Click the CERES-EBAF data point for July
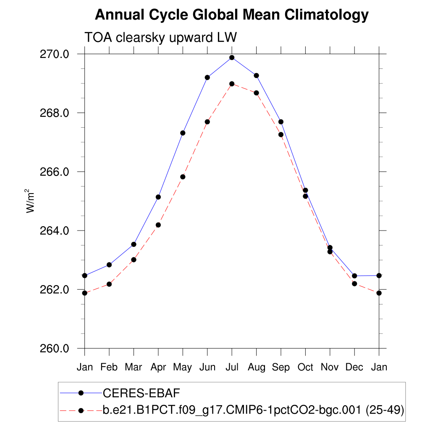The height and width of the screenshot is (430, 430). [x=232, y=58]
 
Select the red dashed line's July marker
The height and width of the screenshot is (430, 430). [x=232, y=84]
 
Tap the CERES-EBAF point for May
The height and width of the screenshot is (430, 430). [x=183, y=133]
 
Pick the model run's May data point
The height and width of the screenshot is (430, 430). [x=183, y=177]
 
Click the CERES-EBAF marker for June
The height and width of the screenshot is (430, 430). [x=207, y=77]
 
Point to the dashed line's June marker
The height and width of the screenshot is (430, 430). [x=207, y=122]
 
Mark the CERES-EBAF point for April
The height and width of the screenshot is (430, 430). [x=158, y=197]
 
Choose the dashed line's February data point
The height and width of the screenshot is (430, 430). [x=109, y=284]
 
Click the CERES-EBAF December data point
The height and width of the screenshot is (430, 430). [x=354, y=276]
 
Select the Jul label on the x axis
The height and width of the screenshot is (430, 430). [x=232, y=367]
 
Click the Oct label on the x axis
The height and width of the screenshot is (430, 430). [x=305, y=367]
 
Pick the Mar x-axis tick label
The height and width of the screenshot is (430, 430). [x=134, y=367]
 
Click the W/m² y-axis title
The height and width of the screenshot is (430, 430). [x=31, y=202]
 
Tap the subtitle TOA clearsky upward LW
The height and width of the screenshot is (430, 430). [x=161, y=37]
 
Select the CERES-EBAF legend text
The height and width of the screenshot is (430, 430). [x=141, y=393]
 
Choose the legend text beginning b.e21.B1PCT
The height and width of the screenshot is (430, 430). [x=253, y=409]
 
